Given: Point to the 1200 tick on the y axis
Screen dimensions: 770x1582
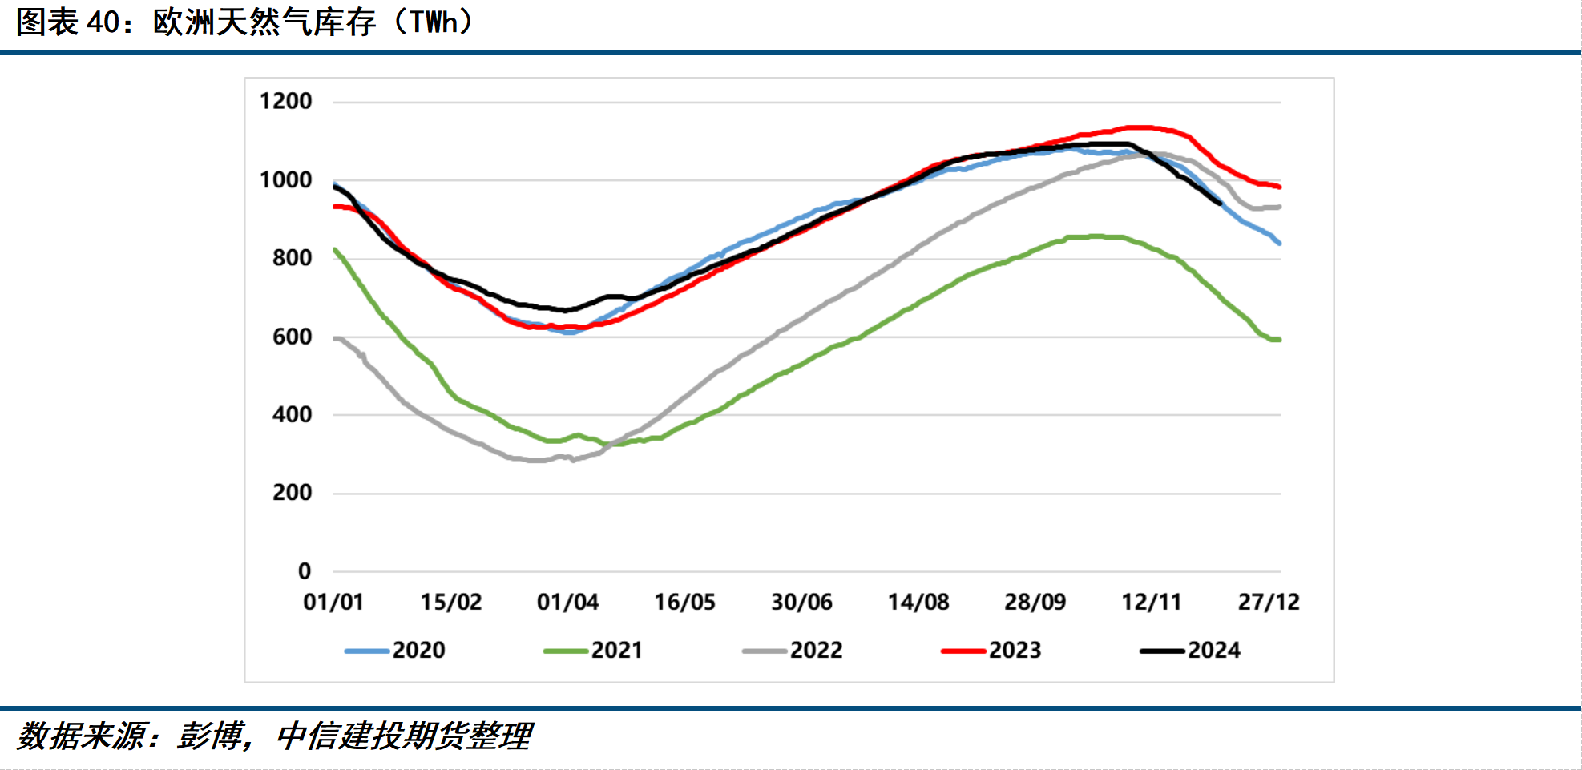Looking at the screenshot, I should tap(285, 101).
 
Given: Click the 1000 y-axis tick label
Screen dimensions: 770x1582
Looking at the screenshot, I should tap(285, 179).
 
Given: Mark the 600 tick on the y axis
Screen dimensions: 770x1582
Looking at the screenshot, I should tap(292, 337).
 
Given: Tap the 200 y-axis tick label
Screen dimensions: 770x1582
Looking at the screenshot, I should tap(292, 493).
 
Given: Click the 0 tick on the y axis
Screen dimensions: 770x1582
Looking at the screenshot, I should tap(305, 571).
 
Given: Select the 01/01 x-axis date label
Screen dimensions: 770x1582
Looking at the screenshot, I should tap(333, 602).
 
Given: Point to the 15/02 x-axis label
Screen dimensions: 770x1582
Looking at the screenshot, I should tap(451, 602).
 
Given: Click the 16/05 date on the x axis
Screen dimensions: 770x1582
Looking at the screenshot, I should tap(684, 602).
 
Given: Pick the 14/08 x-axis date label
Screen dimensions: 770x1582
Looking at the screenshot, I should tap(918, 602).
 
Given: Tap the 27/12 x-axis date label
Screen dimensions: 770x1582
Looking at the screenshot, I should tap(1269, 602).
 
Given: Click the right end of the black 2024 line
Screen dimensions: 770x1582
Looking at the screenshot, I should tap(1220, 204).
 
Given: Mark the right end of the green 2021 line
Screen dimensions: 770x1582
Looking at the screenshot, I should tap(1279, 340).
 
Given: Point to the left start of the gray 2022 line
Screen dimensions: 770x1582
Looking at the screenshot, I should tap(335, 339).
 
